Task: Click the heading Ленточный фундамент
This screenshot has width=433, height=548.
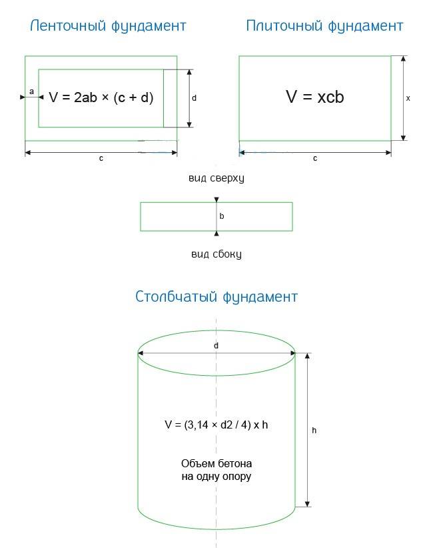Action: (x=108, y=26)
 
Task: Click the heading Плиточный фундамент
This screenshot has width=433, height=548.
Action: (x=324, y=26)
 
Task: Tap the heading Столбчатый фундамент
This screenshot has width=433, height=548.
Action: (x=217, y=297)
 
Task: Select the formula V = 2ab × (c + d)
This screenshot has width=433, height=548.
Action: (x=101, y=97)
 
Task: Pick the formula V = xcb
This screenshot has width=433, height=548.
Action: (x=314, y=97)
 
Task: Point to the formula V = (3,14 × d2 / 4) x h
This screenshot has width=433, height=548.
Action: (x=217, y=425)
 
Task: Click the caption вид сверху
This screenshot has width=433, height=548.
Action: (x=217, y=178)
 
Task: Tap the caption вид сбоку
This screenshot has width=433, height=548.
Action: (x=217, y=254)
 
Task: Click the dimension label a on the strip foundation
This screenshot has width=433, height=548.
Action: (x=32, y=92)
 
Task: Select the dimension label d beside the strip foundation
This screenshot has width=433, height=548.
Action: (x=194, y=98)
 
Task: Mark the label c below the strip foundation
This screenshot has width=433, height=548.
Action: (x=101, y=158)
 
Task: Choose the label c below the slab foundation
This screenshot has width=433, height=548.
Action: (x=315, y=158)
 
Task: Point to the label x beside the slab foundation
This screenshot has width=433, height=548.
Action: (x=408, y=99)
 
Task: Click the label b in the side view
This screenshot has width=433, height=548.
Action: (x=222, y=216)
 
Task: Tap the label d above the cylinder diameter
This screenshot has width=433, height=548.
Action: (x=216, y=346)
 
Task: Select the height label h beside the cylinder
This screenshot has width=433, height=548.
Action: (x=314, y=431)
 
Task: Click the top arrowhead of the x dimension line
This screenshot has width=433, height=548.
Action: (x=403, y=59)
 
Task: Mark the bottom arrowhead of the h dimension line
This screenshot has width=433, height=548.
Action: (x=307, y=504)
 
